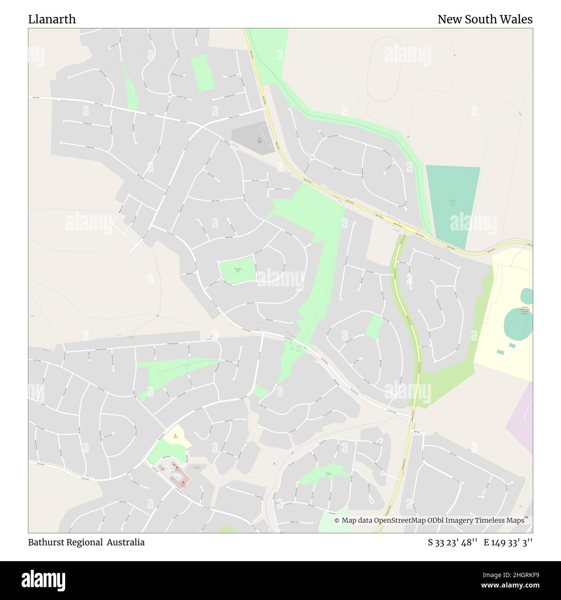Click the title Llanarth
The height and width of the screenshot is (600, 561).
52,19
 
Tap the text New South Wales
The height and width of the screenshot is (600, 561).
485,19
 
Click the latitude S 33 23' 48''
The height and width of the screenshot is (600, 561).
452,542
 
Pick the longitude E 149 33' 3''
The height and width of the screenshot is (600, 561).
508,542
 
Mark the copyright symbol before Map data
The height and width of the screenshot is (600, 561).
337,521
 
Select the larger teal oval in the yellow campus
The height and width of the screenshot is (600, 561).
518,324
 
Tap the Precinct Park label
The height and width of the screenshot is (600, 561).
237,270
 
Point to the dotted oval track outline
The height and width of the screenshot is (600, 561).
385,69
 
